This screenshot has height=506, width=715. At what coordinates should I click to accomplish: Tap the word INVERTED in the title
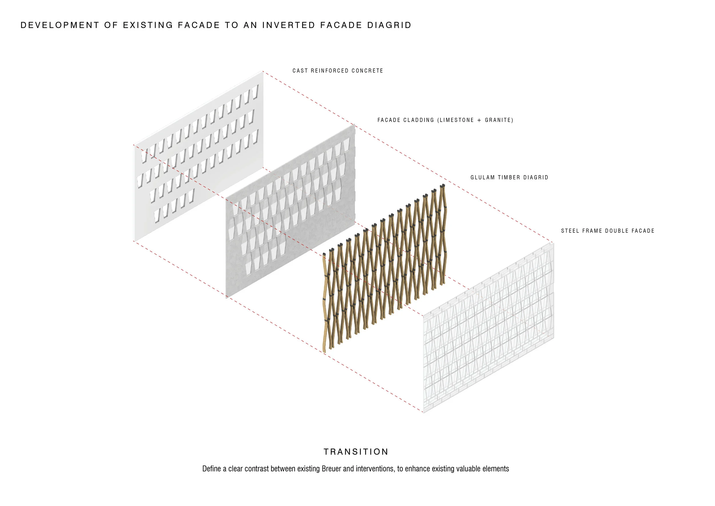tap(289, 25)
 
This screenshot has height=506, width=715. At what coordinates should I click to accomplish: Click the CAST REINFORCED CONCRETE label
tap(337, 71)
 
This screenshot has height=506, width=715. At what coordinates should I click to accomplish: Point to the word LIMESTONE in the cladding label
tap(457, 120)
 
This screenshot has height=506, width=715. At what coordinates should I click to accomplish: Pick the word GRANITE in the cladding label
tap(498, 120)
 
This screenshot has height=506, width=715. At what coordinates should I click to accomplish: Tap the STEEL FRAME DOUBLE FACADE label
tap(607, 231)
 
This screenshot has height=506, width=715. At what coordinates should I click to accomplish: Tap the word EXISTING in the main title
tap(148, 25)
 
